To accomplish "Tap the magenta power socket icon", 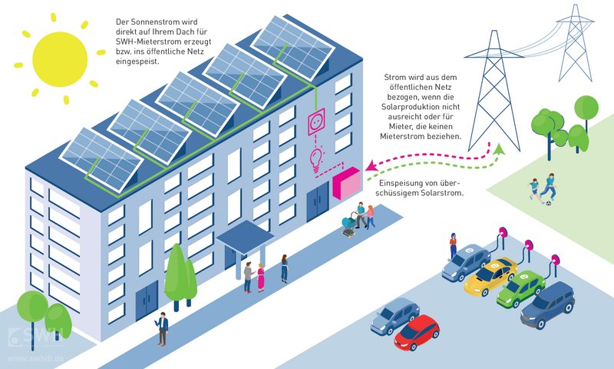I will [318, 122].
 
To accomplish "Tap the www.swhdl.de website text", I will [35, 358].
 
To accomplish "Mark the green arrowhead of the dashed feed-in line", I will [500, 149].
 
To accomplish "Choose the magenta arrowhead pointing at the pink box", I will [371, 166].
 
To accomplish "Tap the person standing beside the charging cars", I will [453, 244].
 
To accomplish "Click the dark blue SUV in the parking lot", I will [547, 303].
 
